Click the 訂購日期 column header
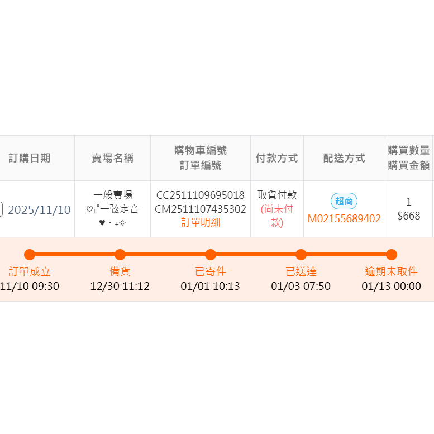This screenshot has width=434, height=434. coord(30,158)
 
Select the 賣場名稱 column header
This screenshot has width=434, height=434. coord(112,158)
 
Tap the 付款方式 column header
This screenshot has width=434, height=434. coord(276,158)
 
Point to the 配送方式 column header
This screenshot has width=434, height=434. coord(344,158)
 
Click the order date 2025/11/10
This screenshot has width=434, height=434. coord(39,210)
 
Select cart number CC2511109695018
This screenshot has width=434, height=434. coord(201,195)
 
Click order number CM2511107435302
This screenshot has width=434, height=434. coord(201,209)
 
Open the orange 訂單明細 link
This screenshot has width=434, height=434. coord(201,223)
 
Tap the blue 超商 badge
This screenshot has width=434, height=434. coord(344,201)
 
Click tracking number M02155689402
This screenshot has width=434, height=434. coord(344,218)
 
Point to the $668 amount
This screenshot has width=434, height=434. coord(408,216)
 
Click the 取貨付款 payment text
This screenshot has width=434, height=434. coord(277,195)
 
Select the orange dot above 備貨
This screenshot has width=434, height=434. coord(120,255)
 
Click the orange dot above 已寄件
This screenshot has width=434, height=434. coord(211,255)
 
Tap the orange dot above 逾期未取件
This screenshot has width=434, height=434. coord(392,255)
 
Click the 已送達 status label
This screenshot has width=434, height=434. coord(301,272)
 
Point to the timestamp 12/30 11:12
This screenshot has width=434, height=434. coord(120,287)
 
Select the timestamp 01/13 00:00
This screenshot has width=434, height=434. coord(392,287)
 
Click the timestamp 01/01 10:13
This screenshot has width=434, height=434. coord(211,287)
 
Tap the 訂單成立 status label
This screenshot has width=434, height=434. coord(30,272)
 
